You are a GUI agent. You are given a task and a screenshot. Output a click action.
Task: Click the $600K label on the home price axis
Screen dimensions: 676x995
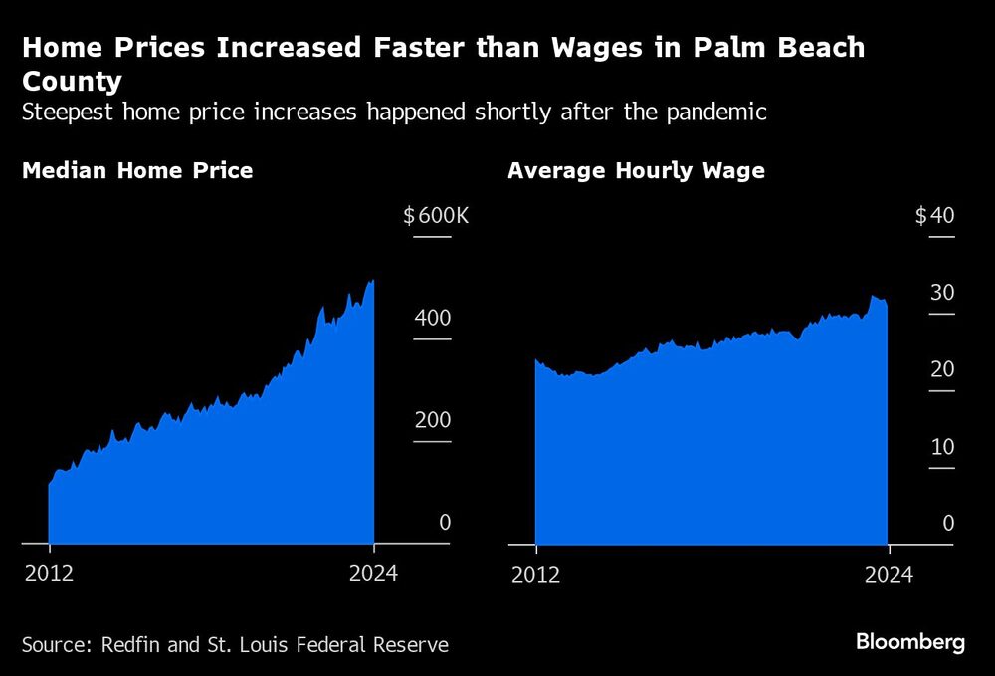[x=435, y=216]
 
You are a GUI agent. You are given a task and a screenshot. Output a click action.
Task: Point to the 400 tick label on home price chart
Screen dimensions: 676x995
[x=433, y=318]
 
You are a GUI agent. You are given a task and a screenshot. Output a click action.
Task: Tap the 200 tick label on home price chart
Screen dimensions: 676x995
[x=433, y=419]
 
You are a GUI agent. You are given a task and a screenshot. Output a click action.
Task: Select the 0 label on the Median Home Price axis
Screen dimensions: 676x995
[x=445, y=522]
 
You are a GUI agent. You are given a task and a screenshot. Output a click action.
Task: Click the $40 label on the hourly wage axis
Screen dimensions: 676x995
[x=934, y=216]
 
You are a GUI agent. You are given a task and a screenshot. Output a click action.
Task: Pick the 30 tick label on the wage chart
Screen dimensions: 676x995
[x=942, y=292]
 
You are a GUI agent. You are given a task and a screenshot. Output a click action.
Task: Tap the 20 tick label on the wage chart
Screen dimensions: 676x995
[x=942, y=369]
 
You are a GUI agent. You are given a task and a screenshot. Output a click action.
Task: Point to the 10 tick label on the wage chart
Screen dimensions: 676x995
[x=942, y=446]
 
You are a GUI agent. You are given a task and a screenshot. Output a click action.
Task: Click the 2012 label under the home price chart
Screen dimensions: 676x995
[x=49, y=574]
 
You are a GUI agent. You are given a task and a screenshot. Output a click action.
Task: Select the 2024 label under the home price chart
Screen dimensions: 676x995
[x=373, y=574]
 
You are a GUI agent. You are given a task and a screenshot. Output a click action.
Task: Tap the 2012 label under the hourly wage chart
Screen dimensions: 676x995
[x=535, y=574]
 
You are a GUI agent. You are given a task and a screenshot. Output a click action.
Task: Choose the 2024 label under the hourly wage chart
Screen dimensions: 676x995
[x=889, y=574]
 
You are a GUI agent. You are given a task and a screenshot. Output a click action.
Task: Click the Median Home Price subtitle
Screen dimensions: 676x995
[x=137, y=170]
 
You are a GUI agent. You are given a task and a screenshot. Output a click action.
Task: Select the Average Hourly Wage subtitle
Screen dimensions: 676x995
[x=636, y=170]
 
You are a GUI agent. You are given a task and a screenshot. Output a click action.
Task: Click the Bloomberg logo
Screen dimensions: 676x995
[x=910, y=642]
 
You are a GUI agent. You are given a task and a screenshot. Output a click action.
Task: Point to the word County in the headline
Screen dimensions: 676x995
[x=71, y=81]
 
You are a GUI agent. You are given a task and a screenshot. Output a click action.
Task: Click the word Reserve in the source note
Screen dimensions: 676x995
[x=406, y=644]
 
